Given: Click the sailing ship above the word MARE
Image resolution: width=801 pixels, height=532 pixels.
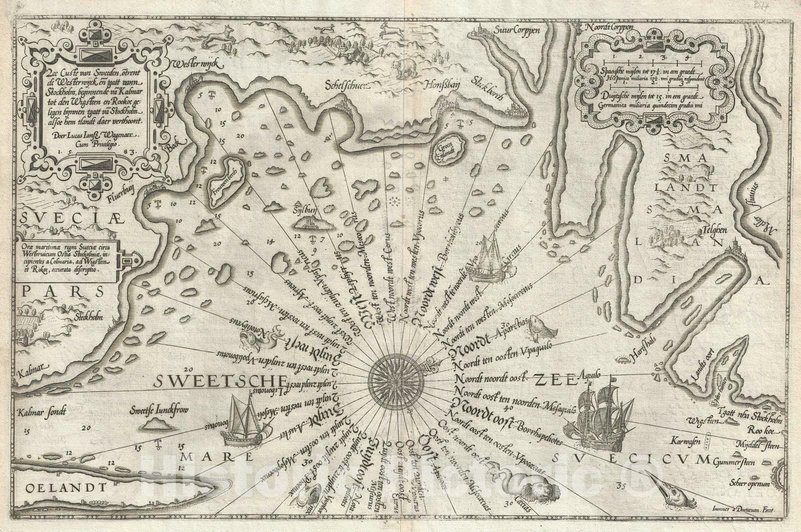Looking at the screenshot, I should tap(243, 422).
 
